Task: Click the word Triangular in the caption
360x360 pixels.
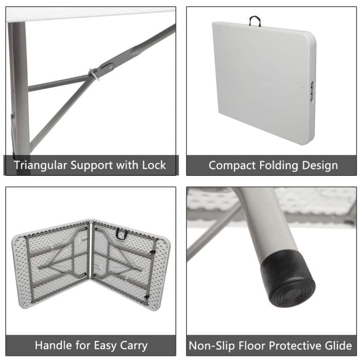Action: [41, 166]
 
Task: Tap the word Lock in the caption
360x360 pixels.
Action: [154, 165]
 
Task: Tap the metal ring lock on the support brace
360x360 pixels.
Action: [94, 75]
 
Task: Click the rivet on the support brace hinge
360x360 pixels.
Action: [111, 67]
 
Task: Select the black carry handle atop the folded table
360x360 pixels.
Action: [255, 21]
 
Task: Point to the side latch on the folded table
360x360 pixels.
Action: [313, 91]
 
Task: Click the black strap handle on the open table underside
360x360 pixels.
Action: [121, 233]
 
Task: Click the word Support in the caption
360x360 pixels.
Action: [92, 166]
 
